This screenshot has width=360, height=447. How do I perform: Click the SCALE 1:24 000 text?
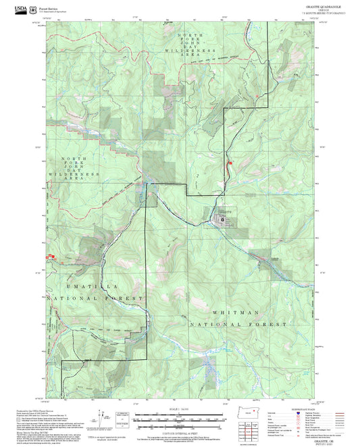click(179, 411)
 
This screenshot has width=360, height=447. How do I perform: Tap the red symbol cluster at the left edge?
click(48, 257)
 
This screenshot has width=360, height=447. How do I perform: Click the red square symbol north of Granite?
click(230, 162)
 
